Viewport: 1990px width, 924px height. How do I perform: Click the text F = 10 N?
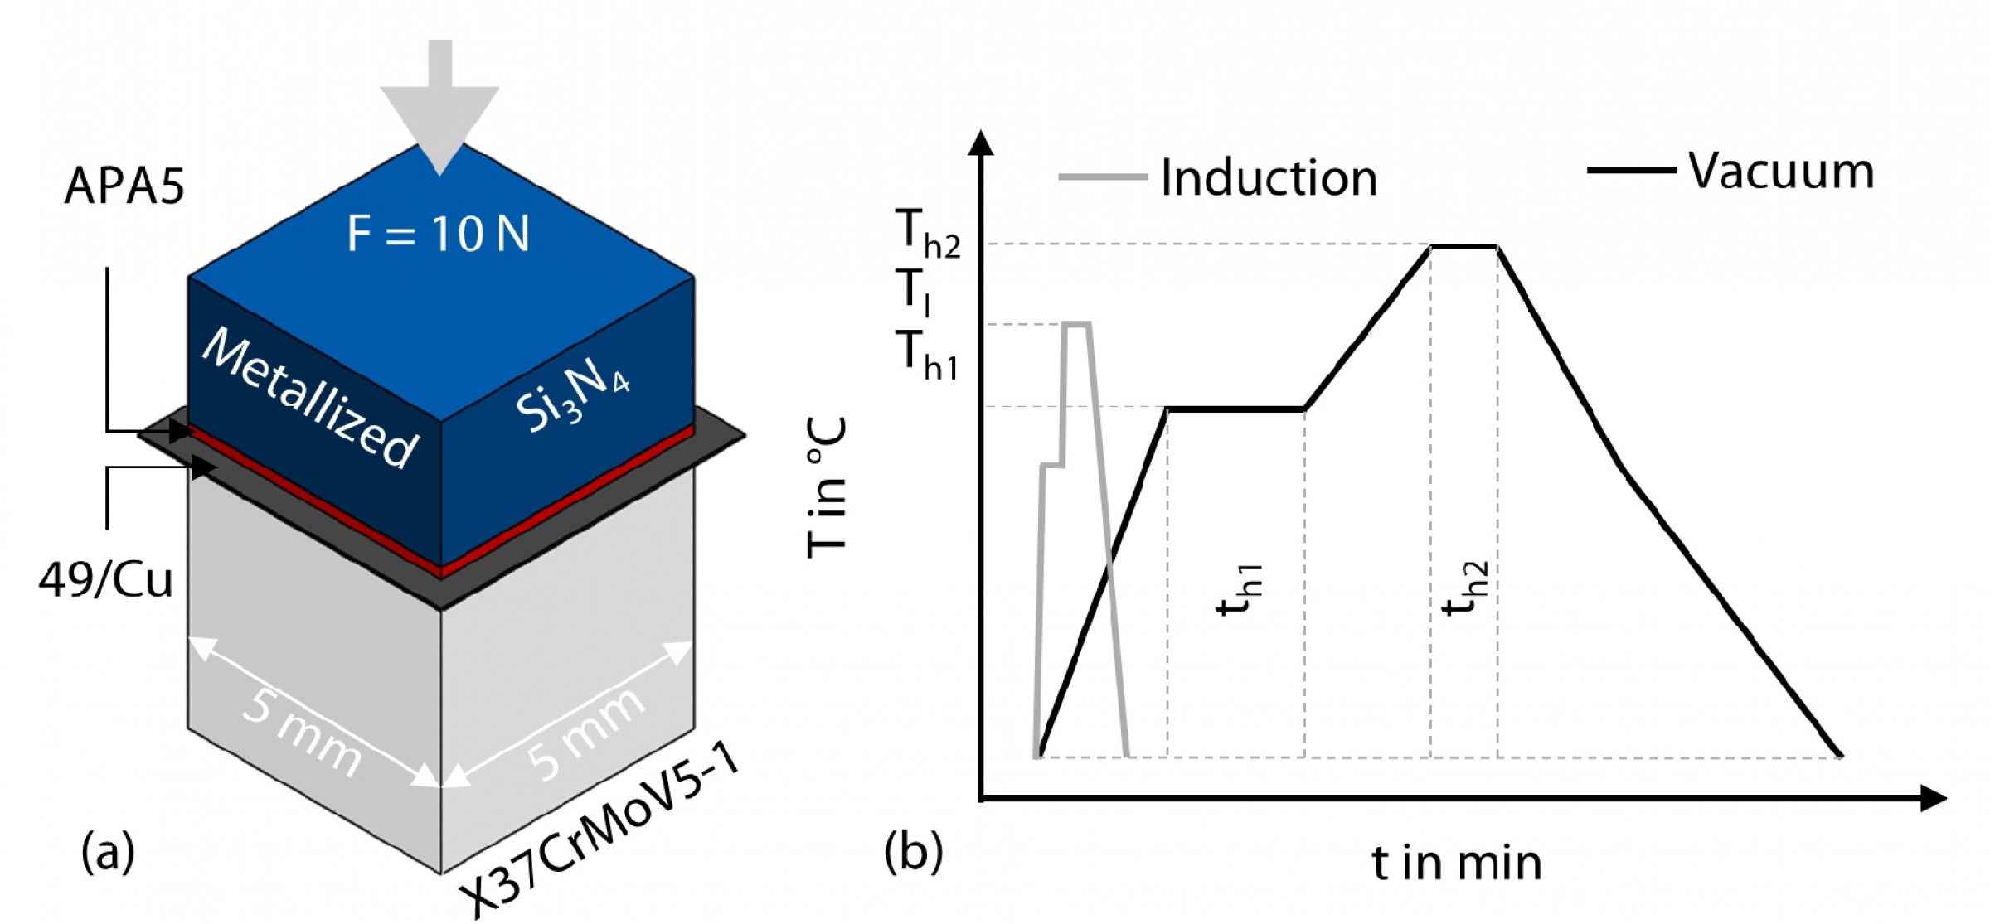pyautogui.click(x=438, y=234)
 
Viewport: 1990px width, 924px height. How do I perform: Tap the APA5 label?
pyautogui.click(x=124, y=186)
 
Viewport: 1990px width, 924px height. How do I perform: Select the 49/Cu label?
pyautogui.click(x=106, y=579)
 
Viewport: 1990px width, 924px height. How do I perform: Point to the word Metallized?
pyautogui.click(x=311, y=398)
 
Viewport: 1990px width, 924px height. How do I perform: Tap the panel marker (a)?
pyautogui.click(x=108, y=852)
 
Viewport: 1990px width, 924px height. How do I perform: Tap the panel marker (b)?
pyautogui.click(x=913, y=852)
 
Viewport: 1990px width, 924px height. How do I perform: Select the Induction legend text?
pyautogui.click(x=1269, y=178)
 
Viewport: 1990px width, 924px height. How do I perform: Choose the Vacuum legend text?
pyautogui.click(x=1781, y=172)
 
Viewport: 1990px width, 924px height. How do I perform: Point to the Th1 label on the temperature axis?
pyautogui.click(x=927, y=355)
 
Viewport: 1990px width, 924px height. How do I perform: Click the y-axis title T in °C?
pyautogui.click(x=827, y=487)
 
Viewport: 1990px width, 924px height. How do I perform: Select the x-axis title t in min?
pyautogui.click(x=1457, y=863)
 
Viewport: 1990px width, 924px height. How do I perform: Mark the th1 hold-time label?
pyautogui.click(x=1240, y=590)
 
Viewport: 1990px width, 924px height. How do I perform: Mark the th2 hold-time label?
pyautogui.click(x=1466, y=590)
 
